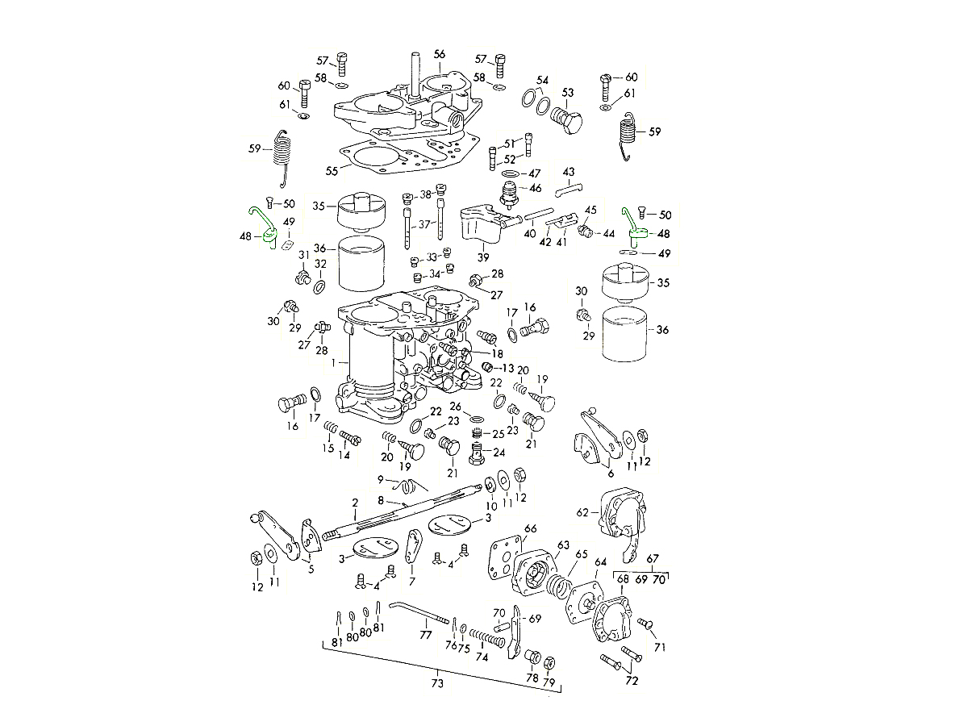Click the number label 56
click(439, 54)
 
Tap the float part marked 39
click(481, 224)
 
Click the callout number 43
click(569, 172)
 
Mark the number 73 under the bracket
click(436, 684)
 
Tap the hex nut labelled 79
click(549, 663)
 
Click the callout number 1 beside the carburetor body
click(332, 364)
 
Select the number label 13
click(507, 368)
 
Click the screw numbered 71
click(645, 624)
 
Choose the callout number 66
click(530, 529)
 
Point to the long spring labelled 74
click(487, 638)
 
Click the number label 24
click(499, 453)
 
